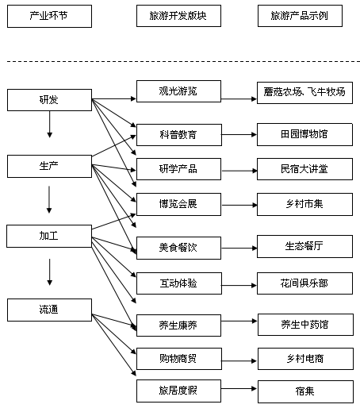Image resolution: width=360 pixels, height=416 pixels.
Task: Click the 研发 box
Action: coord(49,100)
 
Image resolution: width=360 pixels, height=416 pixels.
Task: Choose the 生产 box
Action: coord(49,166)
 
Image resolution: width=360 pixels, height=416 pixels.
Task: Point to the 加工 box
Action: coord(49,237)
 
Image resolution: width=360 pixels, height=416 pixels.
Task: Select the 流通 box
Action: coord(49,309)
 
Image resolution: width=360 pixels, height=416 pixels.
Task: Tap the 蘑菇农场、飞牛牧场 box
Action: coord(304,92)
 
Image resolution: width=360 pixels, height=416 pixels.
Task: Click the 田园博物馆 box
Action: coord(304,134)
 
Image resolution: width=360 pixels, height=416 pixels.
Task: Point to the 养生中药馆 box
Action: coord(305,324)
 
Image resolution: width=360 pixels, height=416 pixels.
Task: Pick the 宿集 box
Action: coord(305,391)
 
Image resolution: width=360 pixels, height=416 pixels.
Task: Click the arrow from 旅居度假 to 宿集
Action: coord(237,391)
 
